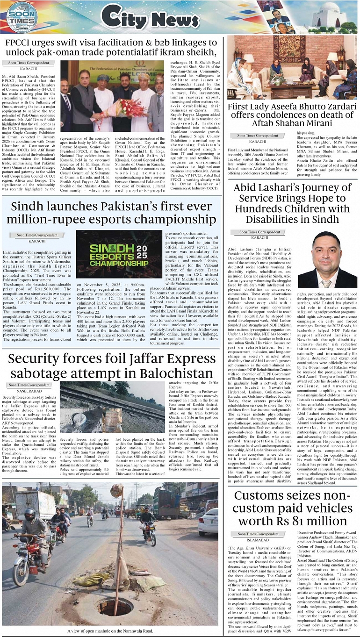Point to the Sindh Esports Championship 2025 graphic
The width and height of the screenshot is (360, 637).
click(119, 255)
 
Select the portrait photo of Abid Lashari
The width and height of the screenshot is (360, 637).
click(327, 260)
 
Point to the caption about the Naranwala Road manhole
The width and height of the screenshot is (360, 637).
click(110, 631)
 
